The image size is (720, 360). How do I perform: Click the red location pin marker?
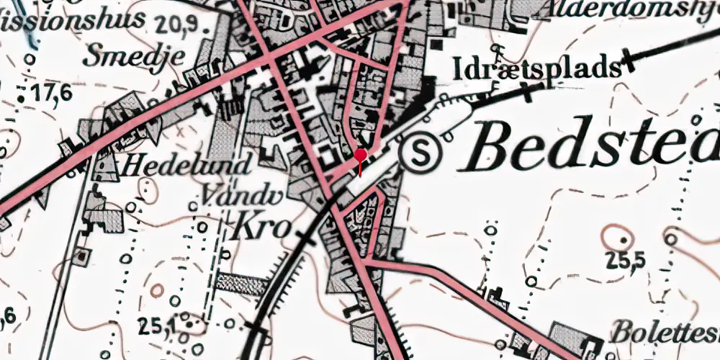click(x=361, y=156)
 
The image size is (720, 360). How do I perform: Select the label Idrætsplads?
click(x=537, y=69)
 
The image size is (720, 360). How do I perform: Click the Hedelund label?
click(x=186, y=166)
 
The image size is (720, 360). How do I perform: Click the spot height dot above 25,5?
click(x=621, y=237)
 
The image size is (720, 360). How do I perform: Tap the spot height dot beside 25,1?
click(x=188, y=325)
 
